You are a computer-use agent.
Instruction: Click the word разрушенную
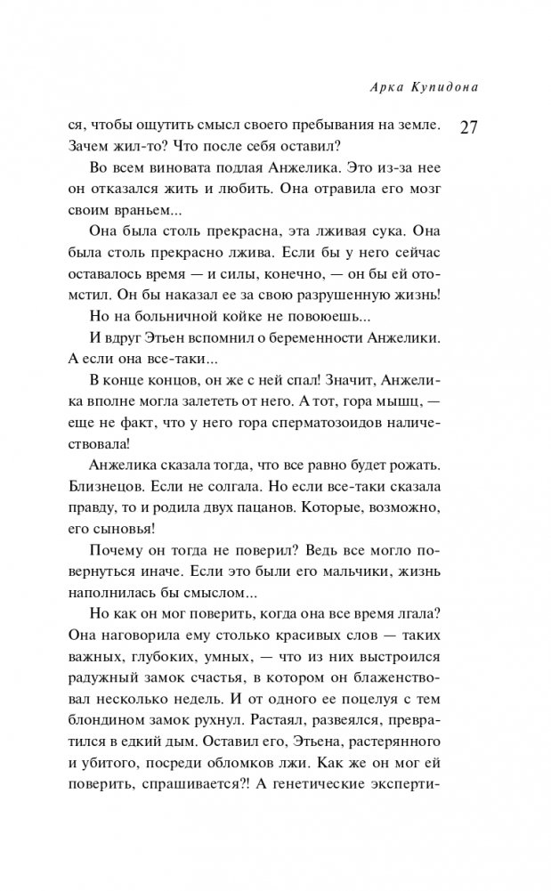click(349, 296)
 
